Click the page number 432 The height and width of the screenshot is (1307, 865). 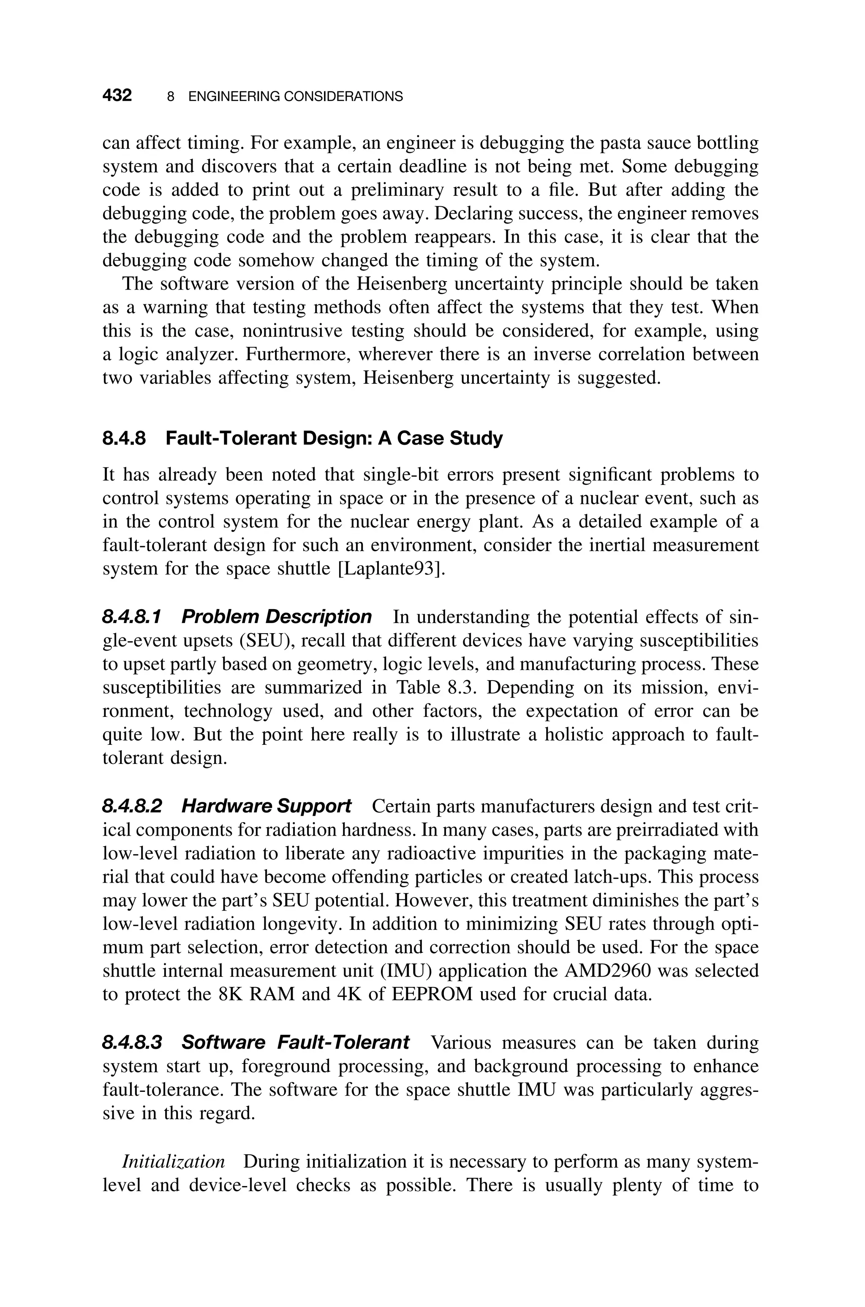117,96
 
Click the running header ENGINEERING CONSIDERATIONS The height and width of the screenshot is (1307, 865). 295,97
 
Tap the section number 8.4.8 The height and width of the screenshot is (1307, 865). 125,439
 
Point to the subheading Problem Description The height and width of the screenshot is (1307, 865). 276,617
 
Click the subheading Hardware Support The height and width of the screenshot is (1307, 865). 266,807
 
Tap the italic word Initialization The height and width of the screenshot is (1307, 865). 173,1162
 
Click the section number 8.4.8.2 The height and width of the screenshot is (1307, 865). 132,807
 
